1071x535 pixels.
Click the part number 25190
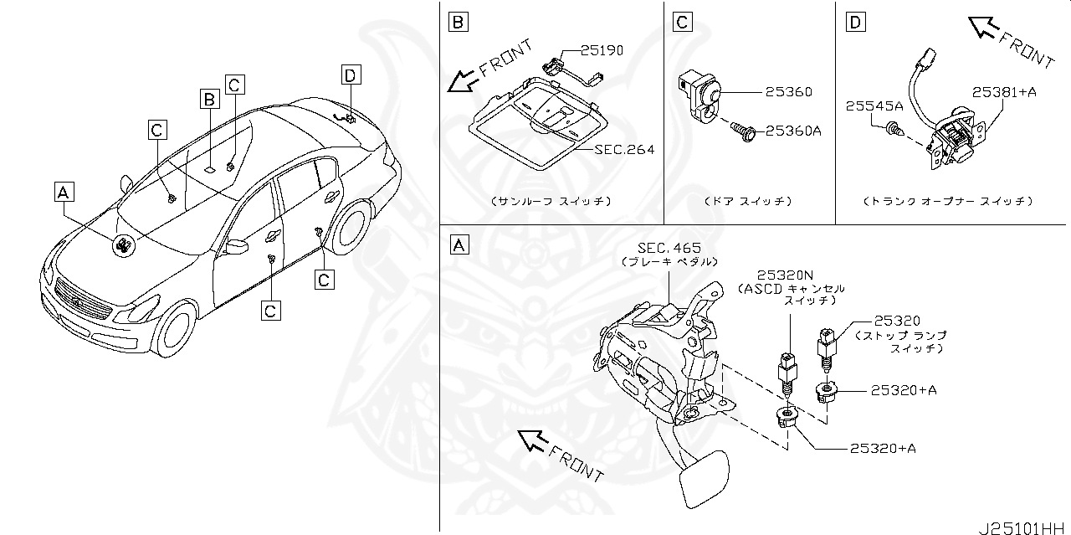[602, 50]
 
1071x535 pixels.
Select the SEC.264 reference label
[624, 150]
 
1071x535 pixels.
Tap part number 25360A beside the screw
[794, 131]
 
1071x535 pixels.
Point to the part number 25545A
[874, 106]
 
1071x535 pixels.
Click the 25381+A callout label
[1004, 92]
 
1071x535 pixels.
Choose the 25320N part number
[787, 275]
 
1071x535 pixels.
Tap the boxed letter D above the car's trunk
[350, 75]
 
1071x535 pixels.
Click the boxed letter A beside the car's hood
[64, 193]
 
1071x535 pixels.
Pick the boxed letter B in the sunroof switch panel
[457, 21]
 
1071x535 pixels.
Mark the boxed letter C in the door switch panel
[683, 21]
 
